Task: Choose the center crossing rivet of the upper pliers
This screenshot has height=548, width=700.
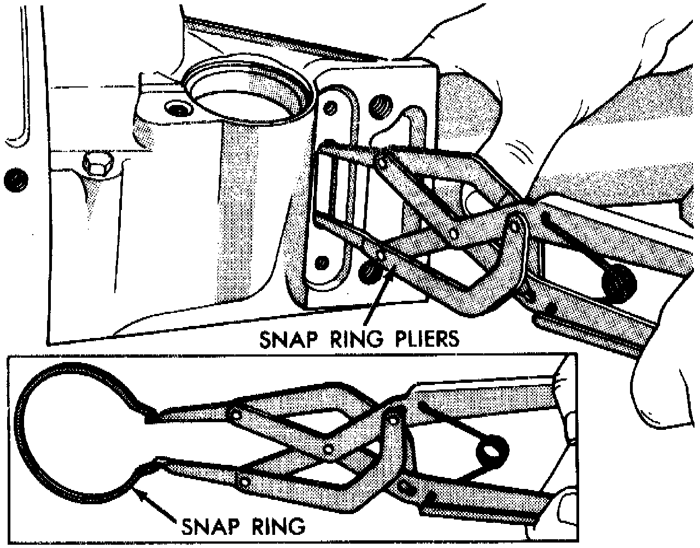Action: (x=452, y=234)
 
